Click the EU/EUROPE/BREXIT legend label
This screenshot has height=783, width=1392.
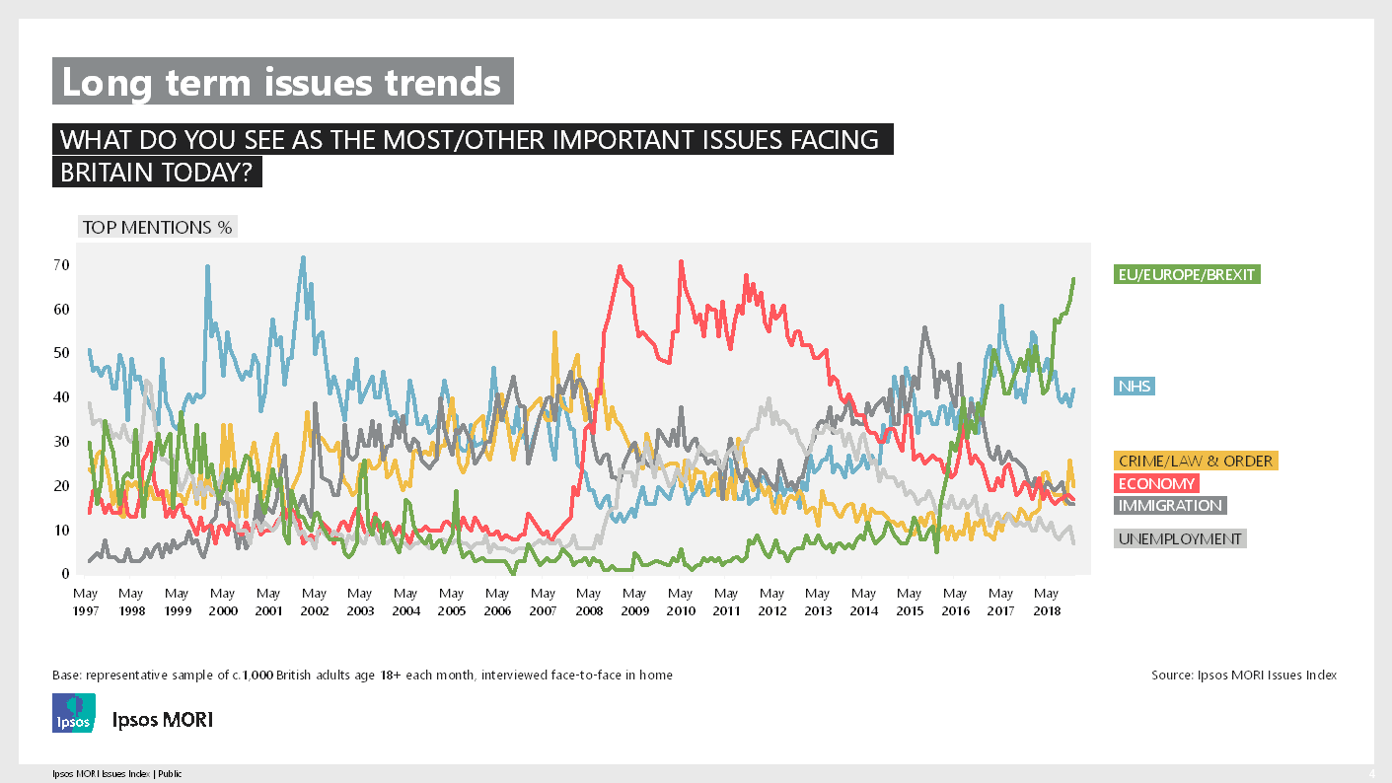[x=1186, y=274]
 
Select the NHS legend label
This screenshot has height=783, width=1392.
[x=1134, y=386]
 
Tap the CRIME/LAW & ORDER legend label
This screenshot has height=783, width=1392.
[x=1196, y=461]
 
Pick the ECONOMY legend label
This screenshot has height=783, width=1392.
[x=1156, y=483]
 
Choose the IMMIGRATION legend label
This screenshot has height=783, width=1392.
[x=1169, y=505]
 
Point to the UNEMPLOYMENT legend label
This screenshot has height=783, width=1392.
[x=1180, y=538]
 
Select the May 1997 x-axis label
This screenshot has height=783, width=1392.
[x=85, y=602]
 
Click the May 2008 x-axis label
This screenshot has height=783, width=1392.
[x=589, y=602]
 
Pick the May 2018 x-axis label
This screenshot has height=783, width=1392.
[x=1047, y=602]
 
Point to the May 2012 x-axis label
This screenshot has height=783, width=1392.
[x=771, y=602]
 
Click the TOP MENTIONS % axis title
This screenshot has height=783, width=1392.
[x=157, y=227]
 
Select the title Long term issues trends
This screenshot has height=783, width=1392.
[x=282, y=82]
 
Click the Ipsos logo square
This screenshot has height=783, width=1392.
[x=74, y=712]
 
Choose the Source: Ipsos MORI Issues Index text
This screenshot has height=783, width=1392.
[x=1243, y=676]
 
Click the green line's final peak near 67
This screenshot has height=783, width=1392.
[x=1073, y=279]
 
